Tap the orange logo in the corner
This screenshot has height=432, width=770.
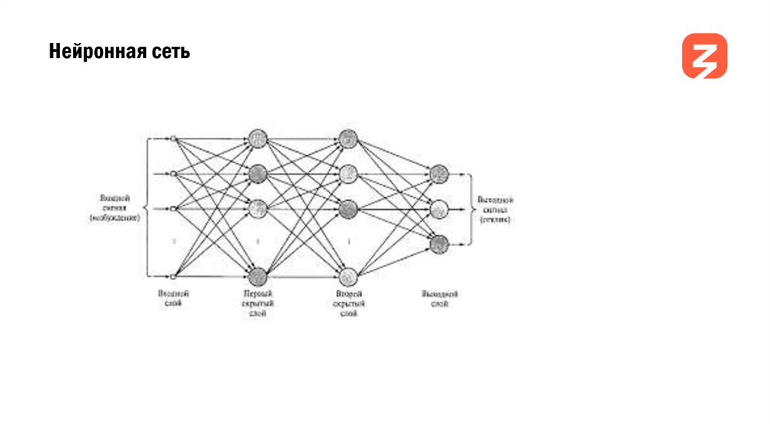704,56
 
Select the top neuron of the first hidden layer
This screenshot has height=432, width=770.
258,138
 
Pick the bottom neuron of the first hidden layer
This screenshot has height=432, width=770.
258,276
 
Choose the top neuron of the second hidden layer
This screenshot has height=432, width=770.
347,138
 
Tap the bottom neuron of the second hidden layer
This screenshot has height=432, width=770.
347,276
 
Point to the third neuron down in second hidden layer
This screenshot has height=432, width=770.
347,208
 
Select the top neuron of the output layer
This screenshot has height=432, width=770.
440,174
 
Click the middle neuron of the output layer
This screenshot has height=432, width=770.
440,208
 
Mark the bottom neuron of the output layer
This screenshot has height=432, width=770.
440,243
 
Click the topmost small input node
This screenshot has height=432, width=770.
173,138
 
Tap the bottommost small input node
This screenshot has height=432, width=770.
173,276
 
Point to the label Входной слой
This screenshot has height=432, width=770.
171,299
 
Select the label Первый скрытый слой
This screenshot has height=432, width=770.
258,303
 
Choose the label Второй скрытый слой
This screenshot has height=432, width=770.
348,303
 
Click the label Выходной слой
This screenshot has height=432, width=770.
440,299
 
